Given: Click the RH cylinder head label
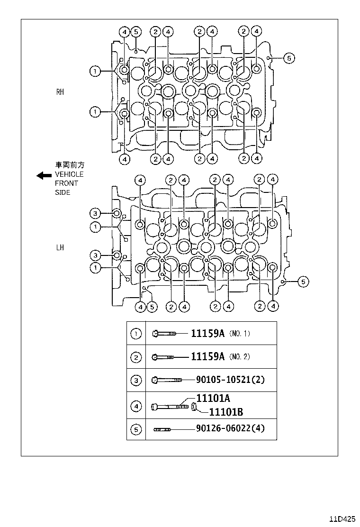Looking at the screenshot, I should point(60,92).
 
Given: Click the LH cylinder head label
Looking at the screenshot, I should point(60,247).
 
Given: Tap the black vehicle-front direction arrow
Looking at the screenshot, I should point(44,175).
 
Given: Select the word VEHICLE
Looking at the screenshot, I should point(69,174).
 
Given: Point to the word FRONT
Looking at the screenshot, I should point(66,183).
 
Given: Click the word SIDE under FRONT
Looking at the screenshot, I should point(62,192).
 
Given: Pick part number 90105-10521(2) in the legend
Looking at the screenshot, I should point(230,380).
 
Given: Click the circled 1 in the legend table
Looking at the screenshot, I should point(136,334).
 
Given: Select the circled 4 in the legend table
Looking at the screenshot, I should point(136,406).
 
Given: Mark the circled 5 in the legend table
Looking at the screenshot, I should point(136,430).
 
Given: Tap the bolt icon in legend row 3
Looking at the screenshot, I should point(167,380).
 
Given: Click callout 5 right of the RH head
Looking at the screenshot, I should point(289,58).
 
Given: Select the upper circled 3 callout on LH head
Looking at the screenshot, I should point(95,212).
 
